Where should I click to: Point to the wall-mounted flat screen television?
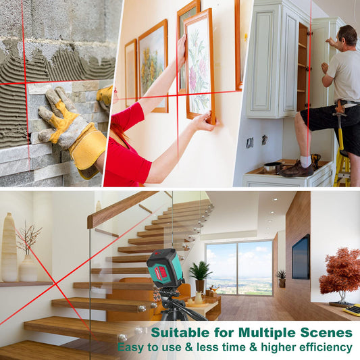(301, 257)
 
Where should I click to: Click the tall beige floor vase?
(9, 247)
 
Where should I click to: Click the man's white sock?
(305, 161)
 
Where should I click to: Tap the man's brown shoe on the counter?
(297, 170)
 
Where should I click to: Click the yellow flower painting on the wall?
(153, 66)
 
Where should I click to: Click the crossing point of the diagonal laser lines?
(55, 284)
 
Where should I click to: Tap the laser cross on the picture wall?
(177, 95)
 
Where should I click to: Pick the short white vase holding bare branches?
(28, 268)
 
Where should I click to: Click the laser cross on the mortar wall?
(25, 83)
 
